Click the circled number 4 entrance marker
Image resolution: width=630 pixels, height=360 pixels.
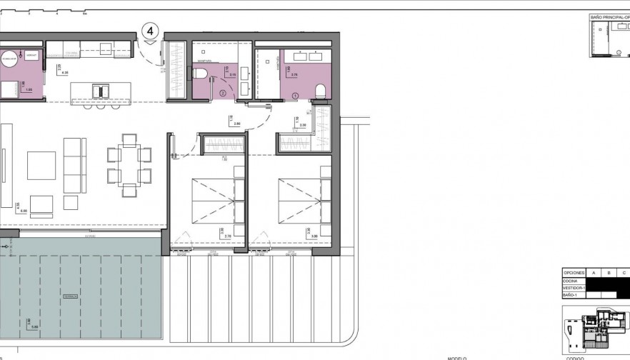(x=150, y=31)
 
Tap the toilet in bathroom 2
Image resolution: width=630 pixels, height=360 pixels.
(x=200, y=74)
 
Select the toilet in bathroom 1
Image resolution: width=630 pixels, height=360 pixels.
(x=320, y=90)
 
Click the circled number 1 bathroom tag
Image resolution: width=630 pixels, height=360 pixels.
(x=295, y=94)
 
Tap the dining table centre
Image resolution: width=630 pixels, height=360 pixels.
(x=129, y=164)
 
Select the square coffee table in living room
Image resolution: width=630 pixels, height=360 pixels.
(x=41, y=165)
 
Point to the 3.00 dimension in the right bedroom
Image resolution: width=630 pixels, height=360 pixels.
(x=313, y=236)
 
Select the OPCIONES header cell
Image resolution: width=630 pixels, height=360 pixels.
(x=574, y=272)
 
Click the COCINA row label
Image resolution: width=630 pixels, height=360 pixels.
(x=570, y=280)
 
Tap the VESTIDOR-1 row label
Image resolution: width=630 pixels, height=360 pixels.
(x=574, y=287)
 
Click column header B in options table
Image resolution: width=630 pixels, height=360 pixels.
(x=608, y=272)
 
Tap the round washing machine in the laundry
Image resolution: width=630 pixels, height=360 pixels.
(x=9, y=59)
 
